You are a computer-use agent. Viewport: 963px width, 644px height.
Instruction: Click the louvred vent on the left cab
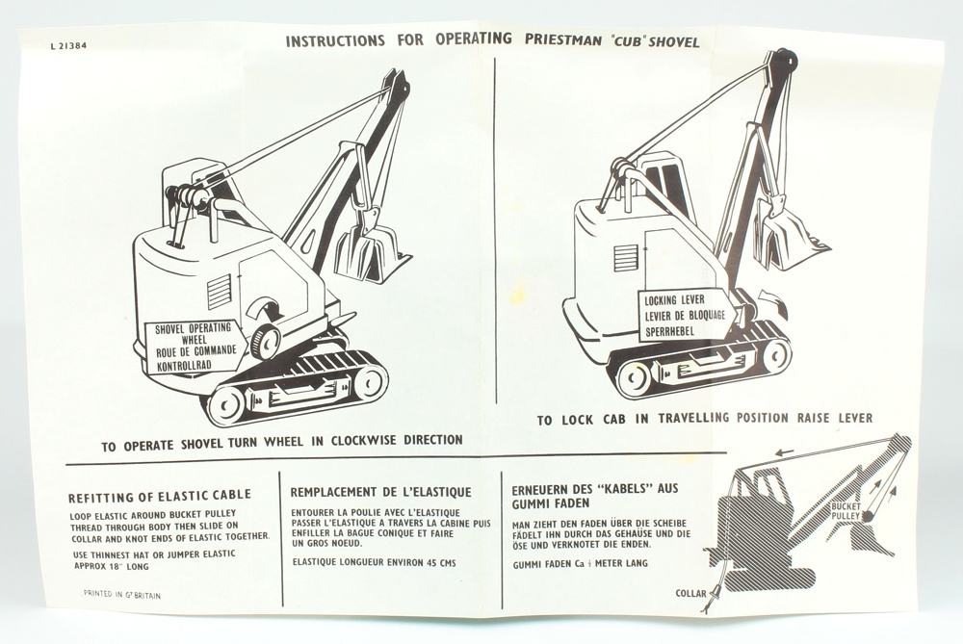(x=219, y=293)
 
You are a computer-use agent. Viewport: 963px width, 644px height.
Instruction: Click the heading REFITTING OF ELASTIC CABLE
(x=159, y=495)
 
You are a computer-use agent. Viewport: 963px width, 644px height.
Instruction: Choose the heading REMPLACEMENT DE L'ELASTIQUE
(x=380, y=492)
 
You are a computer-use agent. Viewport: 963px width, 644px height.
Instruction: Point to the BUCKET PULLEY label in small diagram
(x=846, y=511)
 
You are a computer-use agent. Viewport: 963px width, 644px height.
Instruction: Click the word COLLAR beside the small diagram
(x=690, y=594)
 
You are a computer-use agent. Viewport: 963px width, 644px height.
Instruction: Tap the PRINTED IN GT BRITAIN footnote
(x=121, y=595)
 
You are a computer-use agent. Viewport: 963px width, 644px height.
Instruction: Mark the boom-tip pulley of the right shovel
(x=785, y=60)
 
